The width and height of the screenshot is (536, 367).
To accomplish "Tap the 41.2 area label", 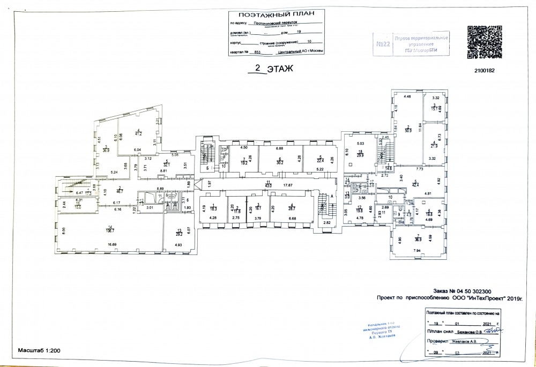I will pos(138,133).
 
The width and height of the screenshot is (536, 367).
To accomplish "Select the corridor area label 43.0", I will pos(269,185).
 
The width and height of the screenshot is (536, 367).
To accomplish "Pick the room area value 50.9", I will pos(408,129).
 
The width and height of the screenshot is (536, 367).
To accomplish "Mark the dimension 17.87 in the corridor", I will pos(288,185).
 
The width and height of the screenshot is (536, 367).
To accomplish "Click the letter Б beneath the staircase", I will pos(207,168).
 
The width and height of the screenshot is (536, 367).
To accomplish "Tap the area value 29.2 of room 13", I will pos(178,234).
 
